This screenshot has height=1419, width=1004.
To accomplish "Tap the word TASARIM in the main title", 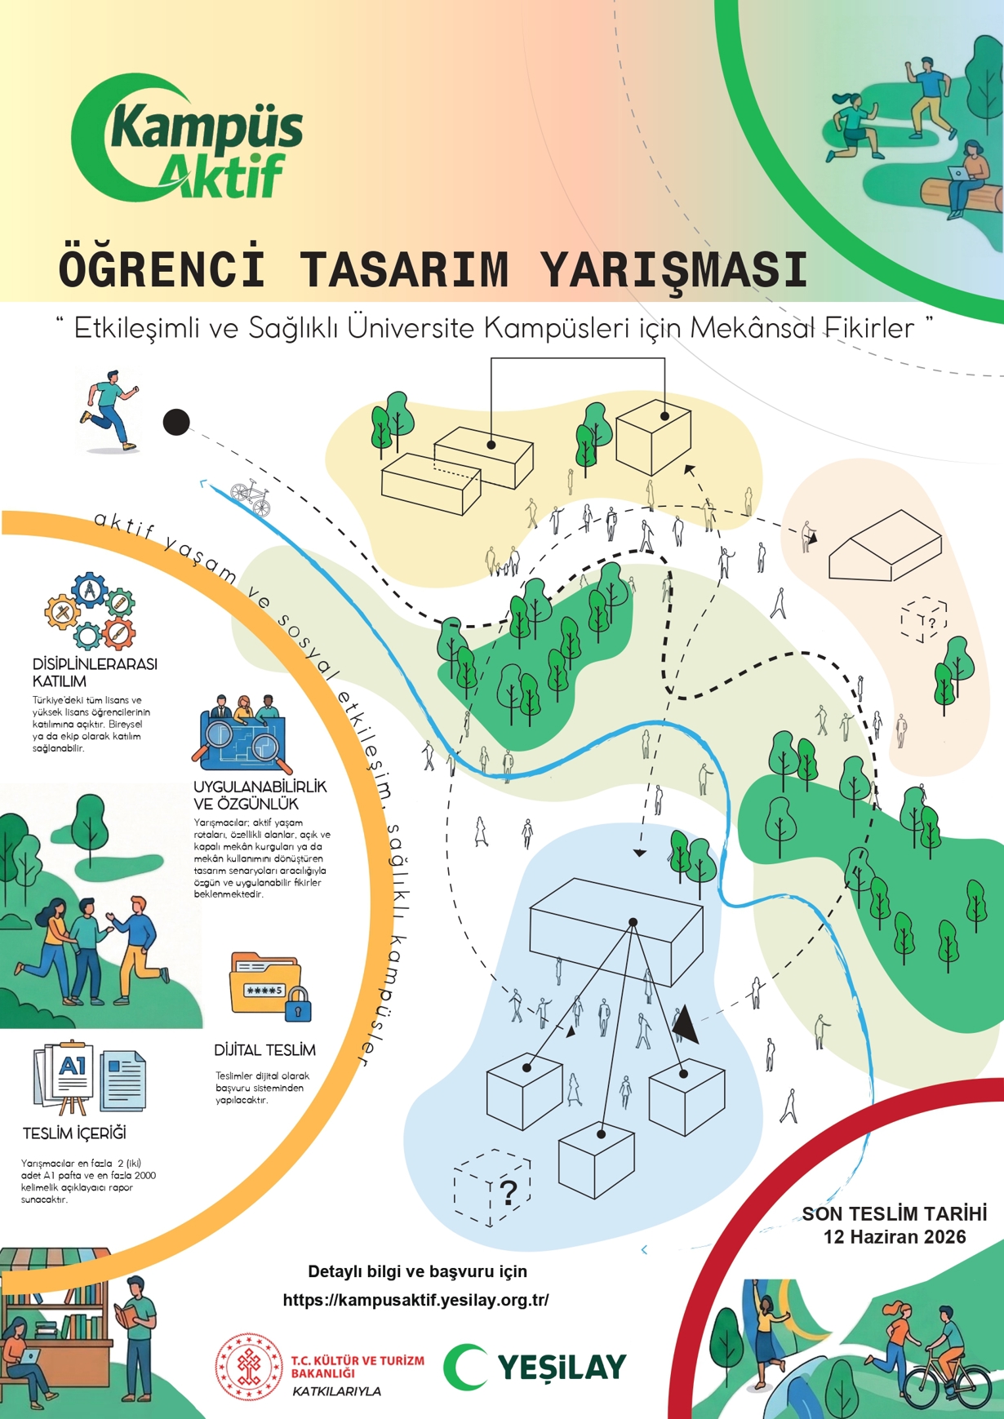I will [x=405, y=269].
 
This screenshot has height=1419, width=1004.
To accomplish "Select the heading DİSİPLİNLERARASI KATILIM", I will [x=94, y=672].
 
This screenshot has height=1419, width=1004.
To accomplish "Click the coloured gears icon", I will [x=90, y=610].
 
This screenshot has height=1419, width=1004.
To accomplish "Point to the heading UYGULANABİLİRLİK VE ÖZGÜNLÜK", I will [x=260, y=794].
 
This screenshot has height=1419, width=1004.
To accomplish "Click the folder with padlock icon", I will [x=269, y=987].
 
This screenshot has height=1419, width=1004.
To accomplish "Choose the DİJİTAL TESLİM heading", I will [x=264, y=1050].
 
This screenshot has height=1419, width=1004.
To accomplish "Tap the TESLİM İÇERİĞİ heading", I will [x=74, y=1133].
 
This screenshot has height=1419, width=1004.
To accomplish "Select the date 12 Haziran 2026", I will [x=895, y=1237].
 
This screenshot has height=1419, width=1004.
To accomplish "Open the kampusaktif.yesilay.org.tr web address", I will [x=415, y=1300].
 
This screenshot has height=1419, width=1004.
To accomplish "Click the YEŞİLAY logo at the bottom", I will [x=535, y=1367].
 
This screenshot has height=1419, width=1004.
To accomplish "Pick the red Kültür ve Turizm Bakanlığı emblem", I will [x=247, y=1366].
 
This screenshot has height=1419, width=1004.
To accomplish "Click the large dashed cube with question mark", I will [x=492, y=1187].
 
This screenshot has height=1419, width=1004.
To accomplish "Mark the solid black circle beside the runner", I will [x=176, y=422].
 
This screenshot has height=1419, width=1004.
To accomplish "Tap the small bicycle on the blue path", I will [x=251, y=496].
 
